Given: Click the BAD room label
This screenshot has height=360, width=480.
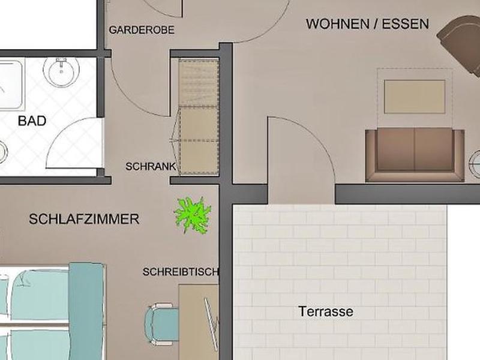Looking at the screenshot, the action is (x=32, y=121).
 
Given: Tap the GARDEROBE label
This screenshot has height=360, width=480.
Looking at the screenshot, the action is (x=142, y=30).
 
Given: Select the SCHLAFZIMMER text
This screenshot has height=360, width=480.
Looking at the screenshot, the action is (x=84, y=219).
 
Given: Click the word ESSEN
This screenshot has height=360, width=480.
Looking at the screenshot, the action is (x=406, y=24).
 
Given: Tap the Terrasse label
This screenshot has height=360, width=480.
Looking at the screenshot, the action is (x=326, y=311).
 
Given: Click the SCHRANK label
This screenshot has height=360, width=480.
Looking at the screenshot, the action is (x=151, y=167).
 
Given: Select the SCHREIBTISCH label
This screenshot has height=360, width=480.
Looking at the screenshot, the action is (x=181, y=272).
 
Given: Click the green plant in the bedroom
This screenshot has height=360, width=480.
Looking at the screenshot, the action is (x=193, y=215).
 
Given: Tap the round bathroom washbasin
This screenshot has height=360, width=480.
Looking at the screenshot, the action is (x=61, y=71).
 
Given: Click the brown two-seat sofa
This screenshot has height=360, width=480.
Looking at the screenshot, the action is (x=415, y=155).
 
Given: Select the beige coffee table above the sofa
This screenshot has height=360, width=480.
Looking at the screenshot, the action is (x=415, y=97).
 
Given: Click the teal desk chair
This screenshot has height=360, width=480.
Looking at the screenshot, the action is (x=161, y=324).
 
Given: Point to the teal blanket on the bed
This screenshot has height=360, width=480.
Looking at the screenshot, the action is (x=86, y=311).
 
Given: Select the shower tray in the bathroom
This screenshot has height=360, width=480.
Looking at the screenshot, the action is (x=11, y=85).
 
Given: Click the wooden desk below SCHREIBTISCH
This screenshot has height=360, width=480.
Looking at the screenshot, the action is (x=199, y=322).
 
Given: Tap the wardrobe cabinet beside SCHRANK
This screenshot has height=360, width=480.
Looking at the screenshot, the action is (x=199, y=117).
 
